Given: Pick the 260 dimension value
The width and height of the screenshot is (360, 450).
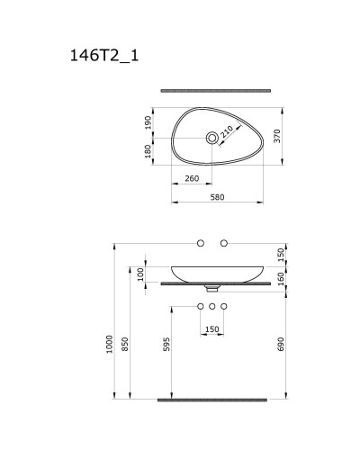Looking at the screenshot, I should pyautogui.click(x=192, y=178).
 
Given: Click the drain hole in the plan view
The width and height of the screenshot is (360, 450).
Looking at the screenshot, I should pyautogui.click(x=213, y=138).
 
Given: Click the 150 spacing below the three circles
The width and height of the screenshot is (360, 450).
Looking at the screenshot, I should pyautogui.click(x=212, y=328).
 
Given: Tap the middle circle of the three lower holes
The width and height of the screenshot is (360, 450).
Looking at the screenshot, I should pyautogui.click(x=213, y=307).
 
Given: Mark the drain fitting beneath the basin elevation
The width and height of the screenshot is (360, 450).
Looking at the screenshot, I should pyautogui.click(x=213, y=289).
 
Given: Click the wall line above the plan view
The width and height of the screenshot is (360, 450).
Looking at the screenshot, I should pyautogui.click(x=216, y=90).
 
